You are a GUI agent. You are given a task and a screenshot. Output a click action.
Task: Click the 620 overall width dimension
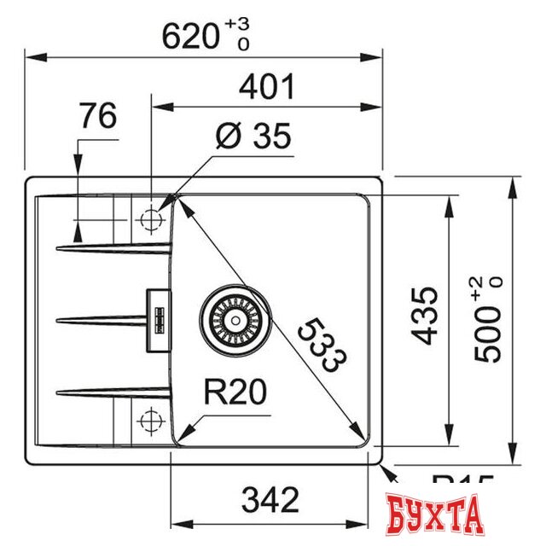point(192,36)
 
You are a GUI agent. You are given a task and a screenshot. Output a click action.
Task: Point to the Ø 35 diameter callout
point(253,136)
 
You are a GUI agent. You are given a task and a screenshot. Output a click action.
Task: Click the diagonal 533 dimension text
point(325,346)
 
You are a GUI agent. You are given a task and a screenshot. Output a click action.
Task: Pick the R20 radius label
point(235,393)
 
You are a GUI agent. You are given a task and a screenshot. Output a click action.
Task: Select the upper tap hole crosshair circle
point(151,219)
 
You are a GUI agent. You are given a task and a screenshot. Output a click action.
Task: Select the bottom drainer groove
point(111,392)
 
